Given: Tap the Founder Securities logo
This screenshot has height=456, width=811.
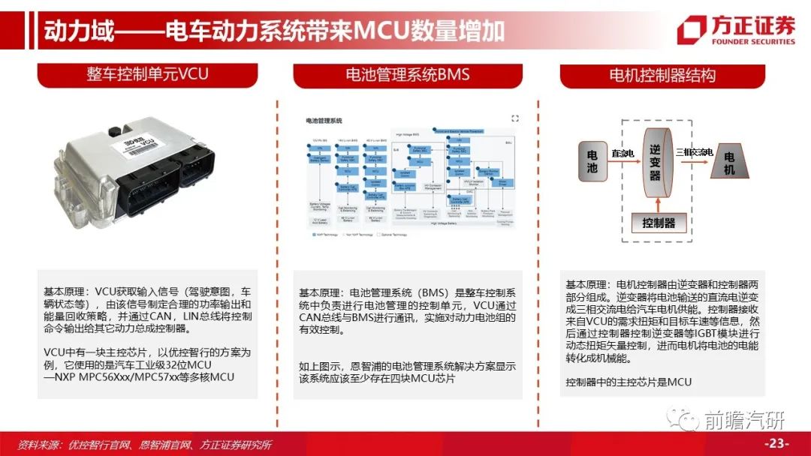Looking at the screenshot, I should point(735,31).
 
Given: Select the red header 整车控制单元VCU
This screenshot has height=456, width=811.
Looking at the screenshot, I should point(147,74).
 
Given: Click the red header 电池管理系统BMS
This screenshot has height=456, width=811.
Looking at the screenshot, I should point(407,74).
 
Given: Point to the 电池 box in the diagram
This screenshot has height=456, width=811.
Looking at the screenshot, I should point(592,159).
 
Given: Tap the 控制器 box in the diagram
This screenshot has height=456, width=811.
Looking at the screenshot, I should point(658,223).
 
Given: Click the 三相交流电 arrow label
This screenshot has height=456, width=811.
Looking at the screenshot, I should point(693,152).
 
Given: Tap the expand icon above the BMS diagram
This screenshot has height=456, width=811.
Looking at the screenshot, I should point(514,118).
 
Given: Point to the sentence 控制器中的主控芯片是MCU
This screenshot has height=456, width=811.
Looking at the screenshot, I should point(629,382).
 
